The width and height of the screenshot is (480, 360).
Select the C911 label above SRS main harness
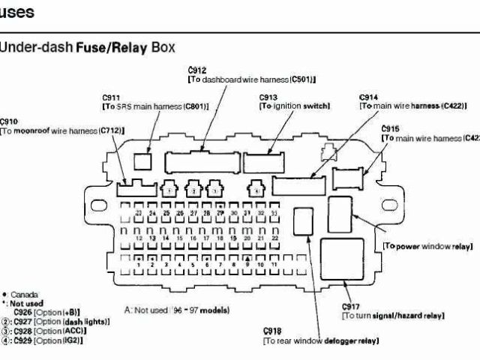[x=112, y=98]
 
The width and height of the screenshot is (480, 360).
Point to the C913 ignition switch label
[x=269, y=98]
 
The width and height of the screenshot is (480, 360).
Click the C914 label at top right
[x=368, y=98]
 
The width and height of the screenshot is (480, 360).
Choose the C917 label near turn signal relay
[x=350, y=307]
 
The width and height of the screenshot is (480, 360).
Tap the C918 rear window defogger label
[x=272, y=331]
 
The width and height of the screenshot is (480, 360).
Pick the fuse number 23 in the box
[x=139, y=214]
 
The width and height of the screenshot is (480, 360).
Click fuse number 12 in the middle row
[x=139, y=238]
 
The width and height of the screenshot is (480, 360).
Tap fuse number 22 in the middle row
[x=274, y=238]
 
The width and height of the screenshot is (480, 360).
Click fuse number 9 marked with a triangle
[x=247, y=264]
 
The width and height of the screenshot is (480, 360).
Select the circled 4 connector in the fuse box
[x=256, y=191]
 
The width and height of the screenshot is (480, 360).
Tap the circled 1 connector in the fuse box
[x=171, y=191]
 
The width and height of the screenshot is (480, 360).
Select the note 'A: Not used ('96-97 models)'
[x=177, y=310]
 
